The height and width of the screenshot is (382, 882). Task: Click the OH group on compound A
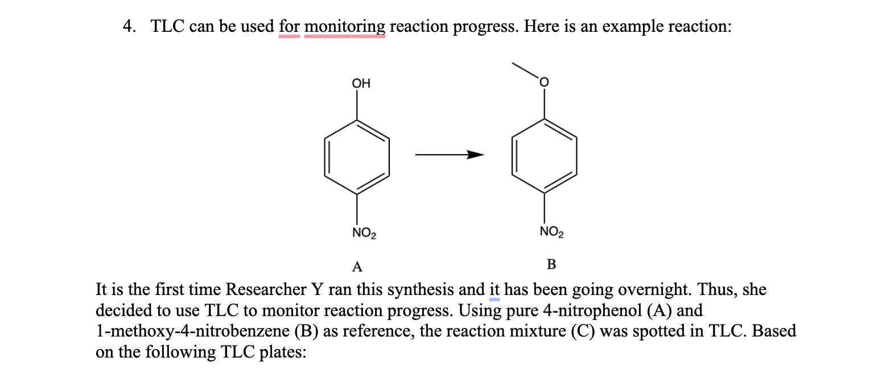point(361,84)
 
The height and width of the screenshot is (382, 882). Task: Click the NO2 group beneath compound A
point(364,232)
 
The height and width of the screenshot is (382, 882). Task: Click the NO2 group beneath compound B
point(551,232)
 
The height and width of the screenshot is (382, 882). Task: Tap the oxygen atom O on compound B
point(544,84)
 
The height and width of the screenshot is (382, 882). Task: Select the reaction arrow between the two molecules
point(449,155)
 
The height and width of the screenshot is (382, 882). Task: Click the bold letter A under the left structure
point(357,266)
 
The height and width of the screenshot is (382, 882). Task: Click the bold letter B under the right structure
point(551,264)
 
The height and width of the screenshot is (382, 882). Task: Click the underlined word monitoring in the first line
point(345,27)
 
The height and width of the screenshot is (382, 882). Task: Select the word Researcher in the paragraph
point(266,290)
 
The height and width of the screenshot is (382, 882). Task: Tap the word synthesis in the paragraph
point(438,290)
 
